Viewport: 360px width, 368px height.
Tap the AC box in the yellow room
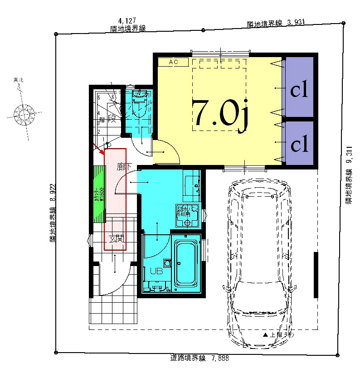tap(173, 62)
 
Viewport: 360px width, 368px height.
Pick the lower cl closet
tap(299, 145)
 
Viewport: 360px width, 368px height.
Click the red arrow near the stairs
tap(98, 148)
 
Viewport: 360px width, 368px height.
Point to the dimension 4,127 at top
tap(127, 21)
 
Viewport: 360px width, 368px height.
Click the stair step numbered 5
tap(99, 97)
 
